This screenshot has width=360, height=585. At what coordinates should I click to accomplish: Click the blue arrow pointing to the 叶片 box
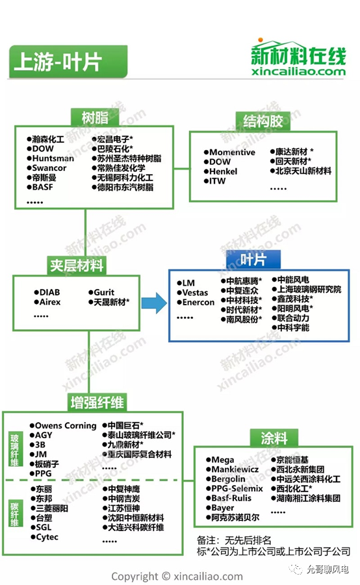click(154, 303)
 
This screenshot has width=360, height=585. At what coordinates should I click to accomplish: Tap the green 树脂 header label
click(95, 118)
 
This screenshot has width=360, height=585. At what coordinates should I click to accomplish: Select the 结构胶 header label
click(263, 121)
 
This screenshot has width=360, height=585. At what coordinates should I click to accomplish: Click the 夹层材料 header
click(77, 266)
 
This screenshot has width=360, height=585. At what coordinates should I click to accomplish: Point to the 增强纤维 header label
click(97, 402)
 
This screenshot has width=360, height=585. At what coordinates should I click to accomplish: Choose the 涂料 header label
click(274, 438)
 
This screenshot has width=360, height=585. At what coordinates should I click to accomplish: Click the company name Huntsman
click(53, 158)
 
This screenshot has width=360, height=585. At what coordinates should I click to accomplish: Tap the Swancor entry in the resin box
click(49, 168)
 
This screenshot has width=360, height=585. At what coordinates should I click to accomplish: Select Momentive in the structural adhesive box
click(232, 152)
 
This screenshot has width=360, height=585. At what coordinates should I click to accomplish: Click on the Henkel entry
click(224, 171)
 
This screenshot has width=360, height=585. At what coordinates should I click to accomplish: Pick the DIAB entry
click(49, 292)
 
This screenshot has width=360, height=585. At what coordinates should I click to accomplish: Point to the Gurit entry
click(104, 292)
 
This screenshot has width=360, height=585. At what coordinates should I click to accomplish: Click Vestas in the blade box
click(195, 292)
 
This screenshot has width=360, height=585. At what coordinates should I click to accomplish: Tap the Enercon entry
click(198, 302)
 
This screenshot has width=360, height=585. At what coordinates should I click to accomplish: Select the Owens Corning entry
click(66, 426)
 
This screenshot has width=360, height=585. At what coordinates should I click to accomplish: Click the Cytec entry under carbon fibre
click(47, 537)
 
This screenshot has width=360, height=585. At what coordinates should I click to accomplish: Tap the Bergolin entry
click(229, 479)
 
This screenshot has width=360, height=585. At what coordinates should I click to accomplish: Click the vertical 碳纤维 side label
click(14, 514)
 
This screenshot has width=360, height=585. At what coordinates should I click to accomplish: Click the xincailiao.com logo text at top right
click(298, 71)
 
